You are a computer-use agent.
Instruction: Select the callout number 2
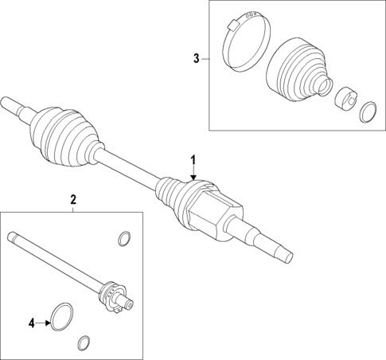[x=72, y=199]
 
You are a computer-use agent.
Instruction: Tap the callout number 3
[x=196, y=57]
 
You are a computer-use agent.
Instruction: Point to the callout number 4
[x=32, y=323]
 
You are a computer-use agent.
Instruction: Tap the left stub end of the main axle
[x=14, y=104]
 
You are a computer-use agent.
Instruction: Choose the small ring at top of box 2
[x=123, y=238]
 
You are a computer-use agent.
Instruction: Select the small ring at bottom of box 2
[x=83, y=343]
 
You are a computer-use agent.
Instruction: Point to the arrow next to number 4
[x=45, y=323]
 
